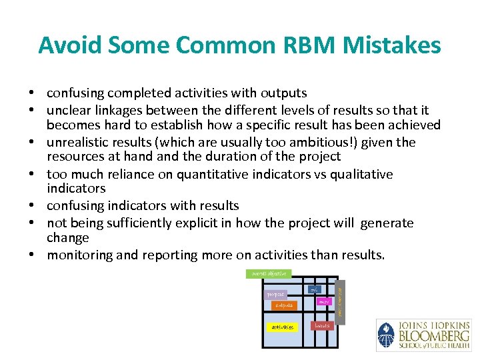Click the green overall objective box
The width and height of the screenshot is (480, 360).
[x=268, y=274]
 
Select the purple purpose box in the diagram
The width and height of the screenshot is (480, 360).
[x=275, y=294]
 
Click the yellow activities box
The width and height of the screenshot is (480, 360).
[x=282, y=327]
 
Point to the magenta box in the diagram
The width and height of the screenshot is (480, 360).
[x=325, y=302]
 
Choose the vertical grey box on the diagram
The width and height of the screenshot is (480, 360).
[x=340, y=301]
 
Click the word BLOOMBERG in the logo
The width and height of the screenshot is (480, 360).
[x=434, y=335]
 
